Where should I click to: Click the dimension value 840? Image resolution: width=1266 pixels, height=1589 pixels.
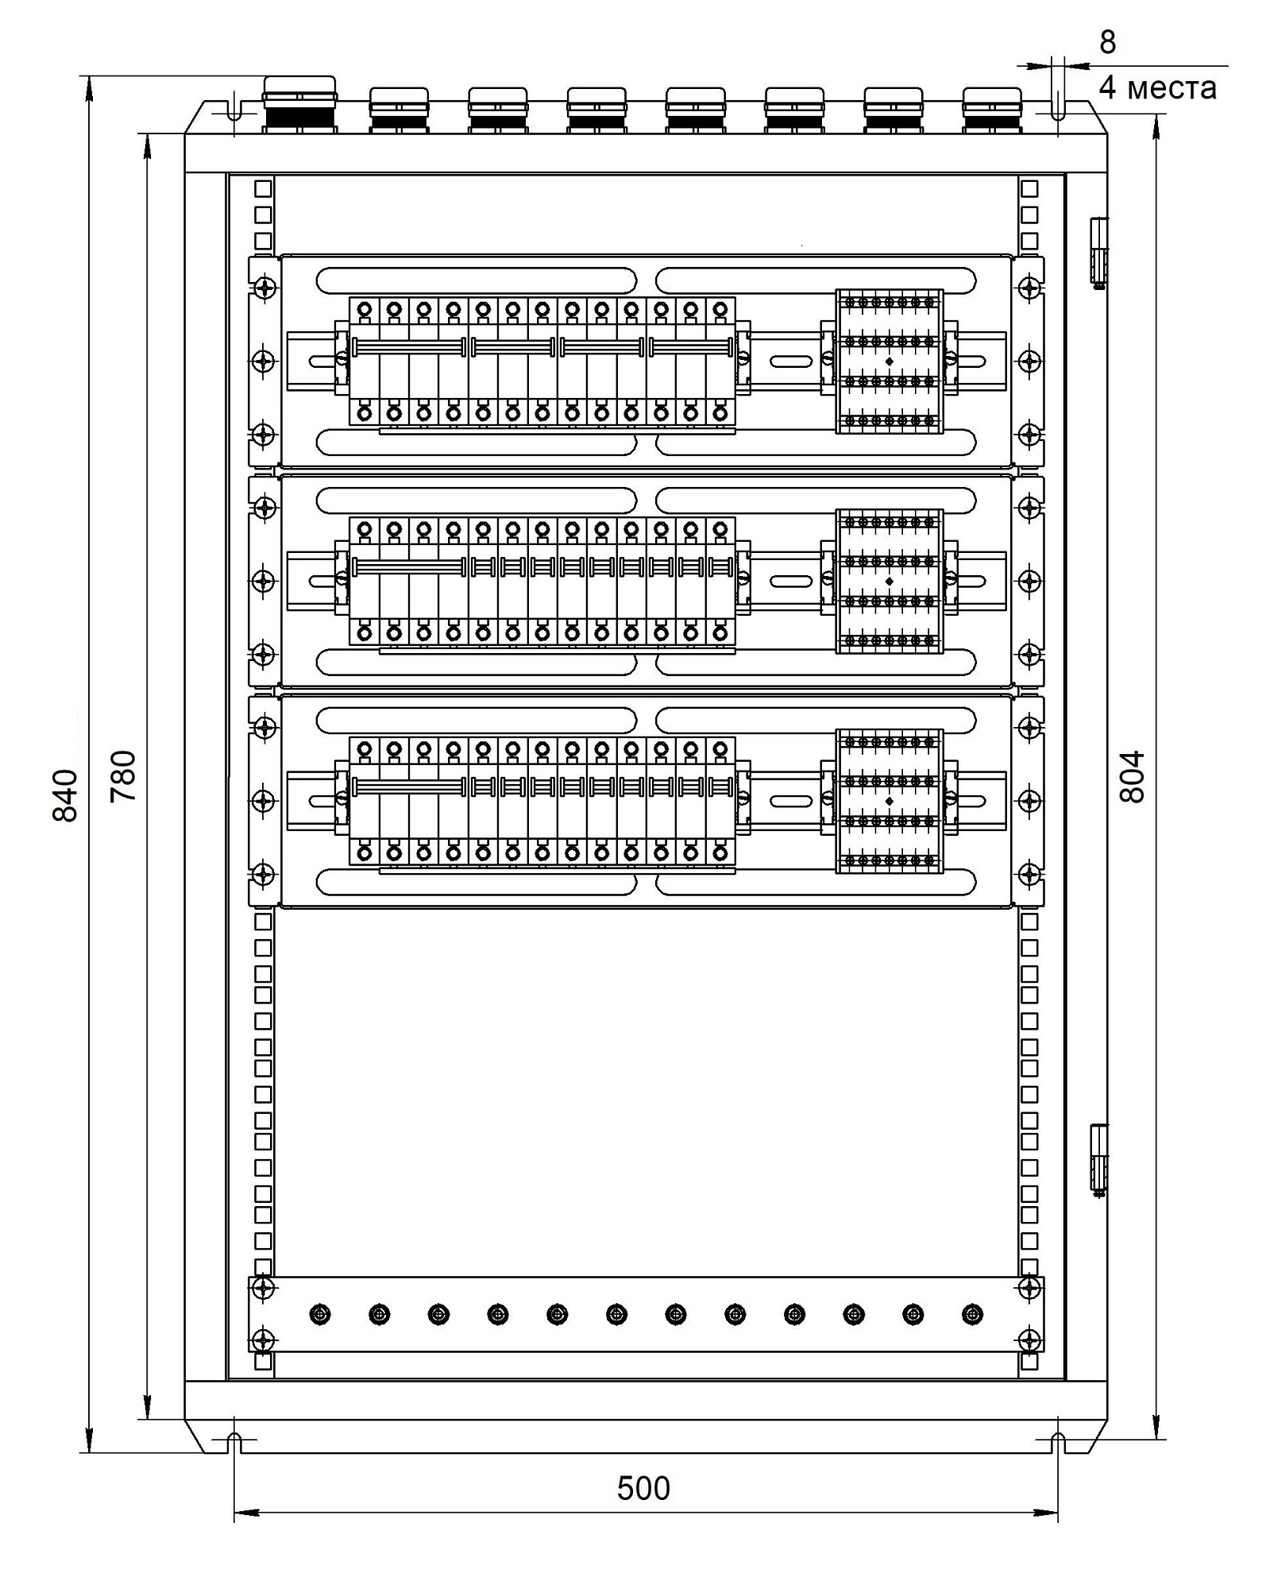coord(64,795)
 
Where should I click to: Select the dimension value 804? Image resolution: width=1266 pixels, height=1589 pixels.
coord(1131,776)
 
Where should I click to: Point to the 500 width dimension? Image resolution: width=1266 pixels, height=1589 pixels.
coord(643,1488)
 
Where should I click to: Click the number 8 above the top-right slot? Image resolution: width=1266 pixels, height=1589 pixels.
coord(1107,42)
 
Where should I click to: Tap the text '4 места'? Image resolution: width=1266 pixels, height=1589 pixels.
coord(1157,87)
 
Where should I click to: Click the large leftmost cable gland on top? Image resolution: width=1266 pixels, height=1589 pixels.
coord(300,105)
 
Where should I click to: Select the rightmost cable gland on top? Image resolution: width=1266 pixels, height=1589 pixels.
coord(992,110)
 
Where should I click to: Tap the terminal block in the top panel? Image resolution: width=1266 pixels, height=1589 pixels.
coord(890,361)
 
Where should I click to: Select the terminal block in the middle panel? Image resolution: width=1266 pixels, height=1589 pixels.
coord(890,582)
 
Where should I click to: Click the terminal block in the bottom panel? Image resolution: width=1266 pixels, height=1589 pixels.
coord(890,802)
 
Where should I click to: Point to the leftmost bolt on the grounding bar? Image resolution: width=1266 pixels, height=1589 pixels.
coord(320,1315)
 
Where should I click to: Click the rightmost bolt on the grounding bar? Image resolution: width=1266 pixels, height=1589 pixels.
coord(973,1315)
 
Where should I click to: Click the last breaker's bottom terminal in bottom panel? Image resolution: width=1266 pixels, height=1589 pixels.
coord(720,853)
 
